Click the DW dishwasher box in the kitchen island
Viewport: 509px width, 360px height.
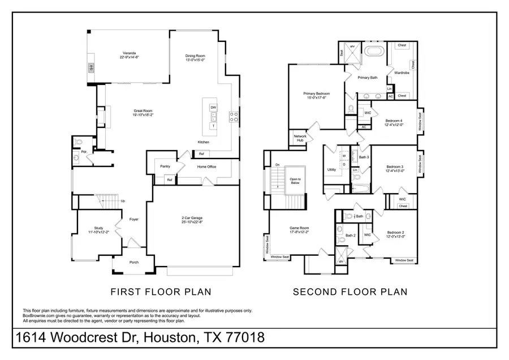(213, 107)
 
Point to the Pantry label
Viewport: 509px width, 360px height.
(165, 166)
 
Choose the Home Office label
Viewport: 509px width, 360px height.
(207, 167)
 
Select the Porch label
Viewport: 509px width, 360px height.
(133, 262)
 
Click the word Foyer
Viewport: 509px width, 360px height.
(134, 219)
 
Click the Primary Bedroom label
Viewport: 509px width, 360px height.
(316, 93)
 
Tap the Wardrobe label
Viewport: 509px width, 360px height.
(402, 72)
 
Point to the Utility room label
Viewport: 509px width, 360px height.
(332, 169)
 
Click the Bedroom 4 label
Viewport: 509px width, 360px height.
(394, 120)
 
